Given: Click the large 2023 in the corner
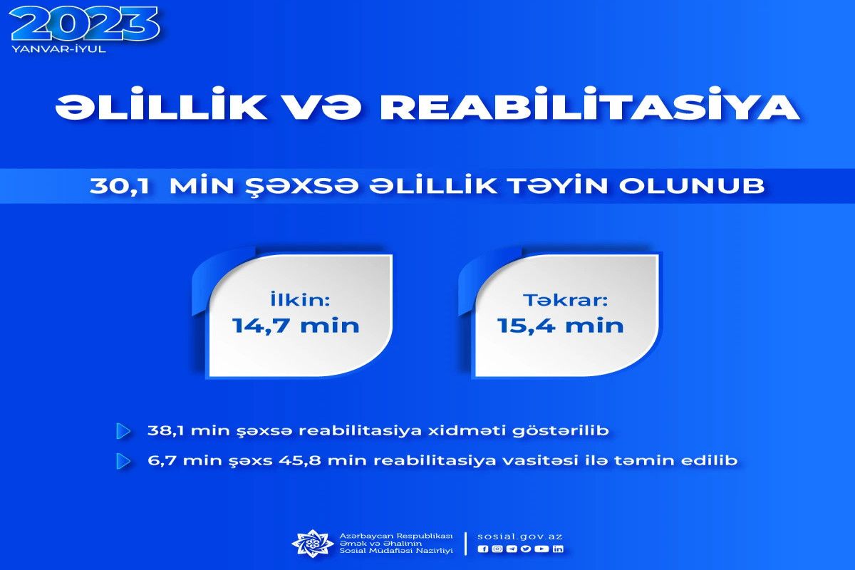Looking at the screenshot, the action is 84,24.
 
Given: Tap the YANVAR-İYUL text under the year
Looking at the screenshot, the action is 58,49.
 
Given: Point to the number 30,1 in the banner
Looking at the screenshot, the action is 120,186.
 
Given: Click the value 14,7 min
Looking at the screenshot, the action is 296,326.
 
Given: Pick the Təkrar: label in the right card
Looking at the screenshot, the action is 565,300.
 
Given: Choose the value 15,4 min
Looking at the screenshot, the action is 560,326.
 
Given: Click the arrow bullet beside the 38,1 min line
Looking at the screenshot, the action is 123,431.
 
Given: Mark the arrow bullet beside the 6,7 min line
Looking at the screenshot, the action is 123,461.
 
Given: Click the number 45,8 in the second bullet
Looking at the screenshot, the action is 300,461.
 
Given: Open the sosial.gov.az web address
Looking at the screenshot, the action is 520,537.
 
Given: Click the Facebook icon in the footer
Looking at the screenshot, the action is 483,549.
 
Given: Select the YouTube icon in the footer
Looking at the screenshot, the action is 541,549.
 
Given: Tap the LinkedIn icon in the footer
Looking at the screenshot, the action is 558,549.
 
